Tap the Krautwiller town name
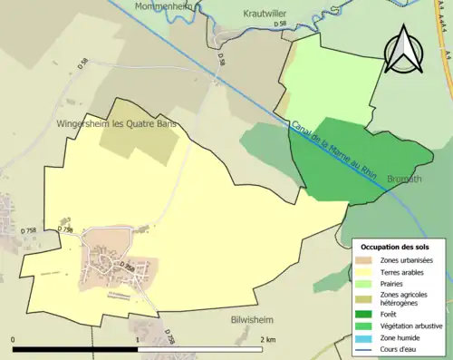coord(271,14)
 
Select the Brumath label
coord(406,180)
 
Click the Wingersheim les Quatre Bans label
coord(115,123)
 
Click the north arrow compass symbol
coord(405,49)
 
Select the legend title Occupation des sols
coord(395,247)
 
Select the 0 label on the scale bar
coord(14,339)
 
